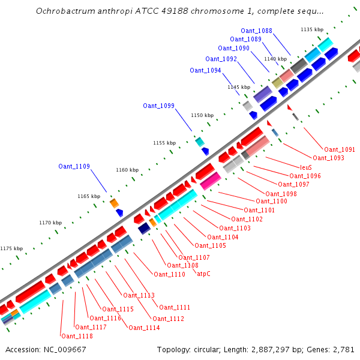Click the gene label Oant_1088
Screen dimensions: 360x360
coord(256,31)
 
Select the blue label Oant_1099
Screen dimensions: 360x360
coord(158,106)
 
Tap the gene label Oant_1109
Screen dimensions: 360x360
coord(74,166)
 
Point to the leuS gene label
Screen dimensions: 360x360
coord(306,167)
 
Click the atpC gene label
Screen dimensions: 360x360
coord(204,274)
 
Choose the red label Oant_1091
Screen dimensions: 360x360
coord(340,149)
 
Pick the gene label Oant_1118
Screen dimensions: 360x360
coord(77,336)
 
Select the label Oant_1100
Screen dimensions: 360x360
coord(271,201)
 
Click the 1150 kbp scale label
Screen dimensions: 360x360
coord(202,115)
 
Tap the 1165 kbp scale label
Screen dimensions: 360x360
coord(89,196)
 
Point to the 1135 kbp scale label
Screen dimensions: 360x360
coord(312,29)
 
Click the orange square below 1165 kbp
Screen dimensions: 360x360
coord(114,203)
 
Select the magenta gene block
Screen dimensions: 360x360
coord(211,179)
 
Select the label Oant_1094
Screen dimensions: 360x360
coord(205,70)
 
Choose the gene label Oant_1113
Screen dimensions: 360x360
coord(139,295)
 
